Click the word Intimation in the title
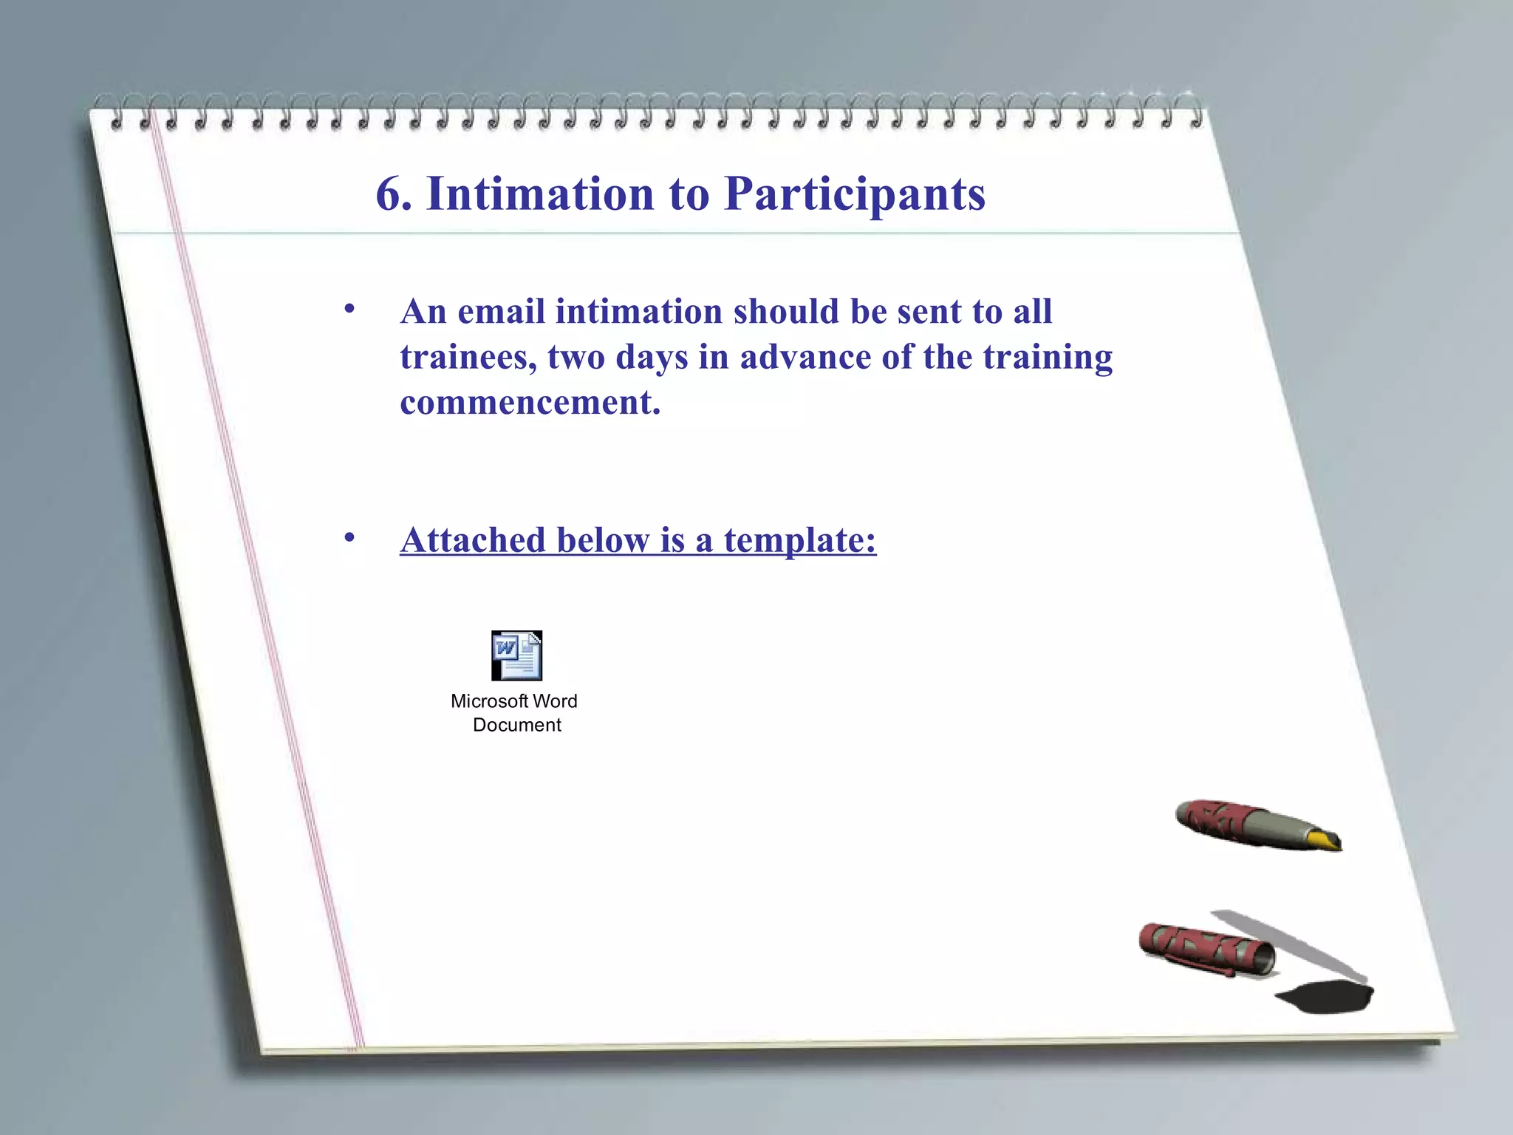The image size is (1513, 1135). click(x=540, y=194)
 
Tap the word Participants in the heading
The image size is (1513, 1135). click(x=855, y=195)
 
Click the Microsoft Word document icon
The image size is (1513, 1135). click(x=516, y=655)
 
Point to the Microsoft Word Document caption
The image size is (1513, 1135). click(x=515, y=713)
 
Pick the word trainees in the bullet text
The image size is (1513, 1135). click(x=468, y=358)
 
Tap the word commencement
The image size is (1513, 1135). click(x=530, y=403)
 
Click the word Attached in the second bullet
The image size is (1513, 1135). click(x=473, y=540)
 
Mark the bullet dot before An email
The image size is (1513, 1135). click(x=349, y=309)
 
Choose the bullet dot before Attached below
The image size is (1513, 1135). click(x=349, y=537)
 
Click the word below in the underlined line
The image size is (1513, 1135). click(x=603, y=540)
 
